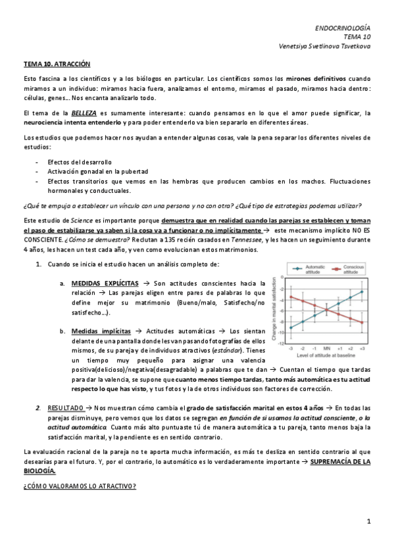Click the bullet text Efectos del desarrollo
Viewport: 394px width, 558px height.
79,162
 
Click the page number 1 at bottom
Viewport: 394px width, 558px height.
369,521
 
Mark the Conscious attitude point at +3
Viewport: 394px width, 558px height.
362,322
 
